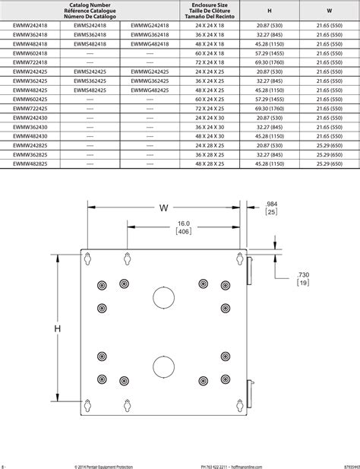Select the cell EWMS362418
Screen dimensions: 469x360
(90, 35)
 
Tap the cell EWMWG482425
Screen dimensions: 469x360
(150, 90)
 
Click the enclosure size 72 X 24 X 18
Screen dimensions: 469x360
(210, 62)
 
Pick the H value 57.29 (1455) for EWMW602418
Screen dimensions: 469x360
(270, 53)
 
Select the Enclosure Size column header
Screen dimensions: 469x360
(210, 11)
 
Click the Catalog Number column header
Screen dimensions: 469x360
(91, 11)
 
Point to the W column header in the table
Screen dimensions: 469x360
(329, 11)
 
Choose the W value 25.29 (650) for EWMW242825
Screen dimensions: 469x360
(329, 144)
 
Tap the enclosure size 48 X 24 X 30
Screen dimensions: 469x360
(210, 135)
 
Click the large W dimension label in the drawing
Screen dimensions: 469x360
(165, 208)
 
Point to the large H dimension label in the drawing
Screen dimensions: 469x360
(57, 328)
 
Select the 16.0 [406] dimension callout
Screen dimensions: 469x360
(183, 227)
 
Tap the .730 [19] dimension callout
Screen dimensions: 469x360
(302, 277)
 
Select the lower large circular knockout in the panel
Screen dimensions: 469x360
(164, 367)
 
